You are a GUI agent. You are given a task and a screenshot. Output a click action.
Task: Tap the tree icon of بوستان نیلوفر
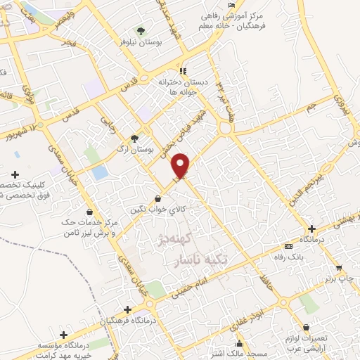tap(141, 31)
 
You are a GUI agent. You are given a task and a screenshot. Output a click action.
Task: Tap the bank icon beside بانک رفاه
tap(289, 247)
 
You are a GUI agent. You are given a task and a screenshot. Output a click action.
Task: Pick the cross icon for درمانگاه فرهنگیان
tap(127, 309)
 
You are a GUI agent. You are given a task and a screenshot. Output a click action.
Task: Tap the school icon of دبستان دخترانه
tap(183, 71)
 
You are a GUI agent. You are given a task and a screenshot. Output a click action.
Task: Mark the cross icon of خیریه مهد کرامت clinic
tap(64, 335)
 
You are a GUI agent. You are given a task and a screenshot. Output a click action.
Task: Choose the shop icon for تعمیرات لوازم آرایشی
tap(306, 326)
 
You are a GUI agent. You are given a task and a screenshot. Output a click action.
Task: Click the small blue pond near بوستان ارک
tap(101, 171)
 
